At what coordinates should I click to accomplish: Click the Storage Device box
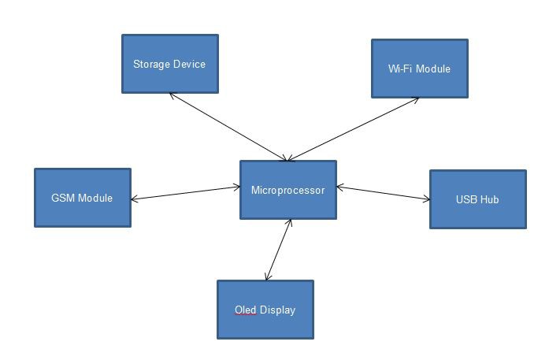point(169,64)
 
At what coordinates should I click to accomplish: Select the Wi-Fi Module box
point(419,69)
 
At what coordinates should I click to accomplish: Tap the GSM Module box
point(82,198)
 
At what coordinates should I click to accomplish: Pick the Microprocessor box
point(287,190)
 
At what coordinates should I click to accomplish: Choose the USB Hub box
point(477,199)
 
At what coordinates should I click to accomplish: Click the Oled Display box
point(265,310)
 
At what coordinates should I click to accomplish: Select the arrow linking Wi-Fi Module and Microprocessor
point(354,128)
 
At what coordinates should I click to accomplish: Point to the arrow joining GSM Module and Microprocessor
point(185,193)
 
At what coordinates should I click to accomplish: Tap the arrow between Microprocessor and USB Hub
point(383,193)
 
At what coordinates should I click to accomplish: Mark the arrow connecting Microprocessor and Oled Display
point(279,250)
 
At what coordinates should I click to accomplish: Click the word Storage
point(151,64)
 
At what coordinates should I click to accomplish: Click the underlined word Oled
point(246,310)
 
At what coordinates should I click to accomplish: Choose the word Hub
point(489,199)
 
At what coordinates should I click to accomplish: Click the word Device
point(189,64)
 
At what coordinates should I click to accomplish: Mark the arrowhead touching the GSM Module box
point(135,199)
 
